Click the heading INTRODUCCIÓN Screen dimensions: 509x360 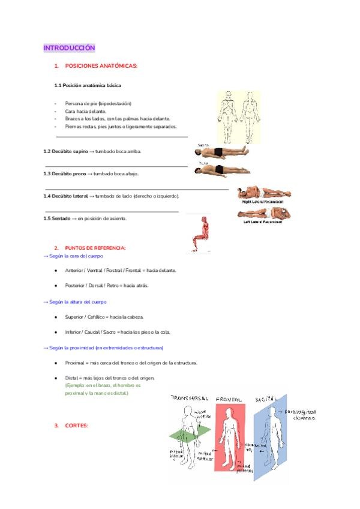click(69, 47)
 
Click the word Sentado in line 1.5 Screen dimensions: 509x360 click(61, 218)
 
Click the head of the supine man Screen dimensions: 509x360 click(199, 153)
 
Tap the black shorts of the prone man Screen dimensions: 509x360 click(219, 169)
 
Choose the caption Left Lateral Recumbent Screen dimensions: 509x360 click(264, 221)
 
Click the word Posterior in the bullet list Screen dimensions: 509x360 click(76, 285)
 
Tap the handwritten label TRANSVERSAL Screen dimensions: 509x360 click(190, 399)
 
